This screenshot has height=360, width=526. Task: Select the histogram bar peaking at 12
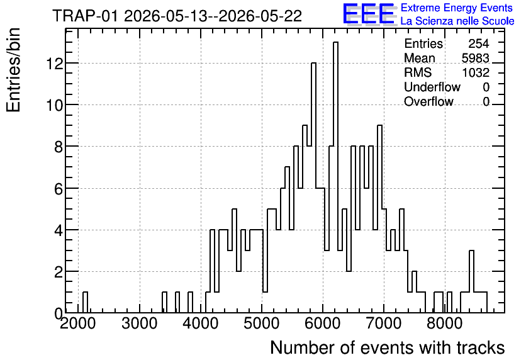[x=314, y=188]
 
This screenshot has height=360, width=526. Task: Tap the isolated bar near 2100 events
[x=85, y=302]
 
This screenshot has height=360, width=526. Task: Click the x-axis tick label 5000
[x=262, y=323]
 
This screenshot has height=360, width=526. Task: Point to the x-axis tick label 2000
[x=78, y=323]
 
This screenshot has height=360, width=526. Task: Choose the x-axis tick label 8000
[x=445, y=323]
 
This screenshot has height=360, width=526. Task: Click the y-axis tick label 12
[x=55, y=64]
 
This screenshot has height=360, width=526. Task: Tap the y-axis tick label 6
[x=59, y=189]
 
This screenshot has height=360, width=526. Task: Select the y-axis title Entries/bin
[x=13, y=70]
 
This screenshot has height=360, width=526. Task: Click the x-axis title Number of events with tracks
[x=388, y=347]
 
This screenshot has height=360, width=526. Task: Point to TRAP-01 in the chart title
[x=85, y=16]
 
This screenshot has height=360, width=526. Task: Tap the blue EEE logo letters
[x=369, y=14]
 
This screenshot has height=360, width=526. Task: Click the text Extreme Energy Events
[x=457, y=8]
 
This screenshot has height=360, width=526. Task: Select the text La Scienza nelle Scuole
[x=457, y=21]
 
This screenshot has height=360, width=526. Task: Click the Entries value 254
[x=479, y=43]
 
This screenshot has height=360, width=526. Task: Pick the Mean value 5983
[x=475, y=58]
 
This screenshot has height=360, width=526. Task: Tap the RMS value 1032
[x=476, y=72]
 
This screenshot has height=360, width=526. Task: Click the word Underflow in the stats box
[x=432, y=87]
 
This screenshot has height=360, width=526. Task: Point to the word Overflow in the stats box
[x=428, y=101]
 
